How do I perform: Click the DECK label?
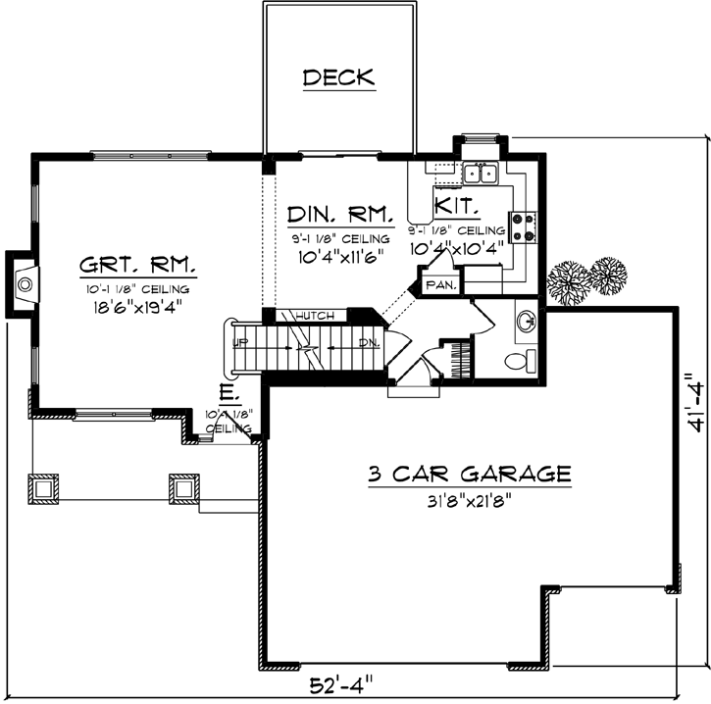pyautogui.click(x=339, y=77)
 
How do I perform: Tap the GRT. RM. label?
pyautogui.click(x=138, y=265)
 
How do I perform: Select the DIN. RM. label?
pyautogui.click(x=340, y=213)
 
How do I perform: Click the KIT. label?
pyautogui.click(x=457, y=207)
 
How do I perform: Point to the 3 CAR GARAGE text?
pyautogui.click(x=469, y=475)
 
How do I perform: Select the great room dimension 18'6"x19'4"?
pyautogui.click(x=137, y=305)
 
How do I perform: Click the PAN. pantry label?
pyautogui.click(x=437, y=284)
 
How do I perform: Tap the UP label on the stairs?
pyautogui.click(x=239, y=342)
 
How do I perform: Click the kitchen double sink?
pyautogui.click(x=481, y=174)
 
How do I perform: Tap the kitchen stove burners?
pyautogui.click(x=521, y=227)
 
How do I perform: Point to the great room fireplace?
pyautogui.click(x=25, y=285)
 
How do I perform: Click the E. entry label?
pyautogui.click(x=227, y=394)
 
